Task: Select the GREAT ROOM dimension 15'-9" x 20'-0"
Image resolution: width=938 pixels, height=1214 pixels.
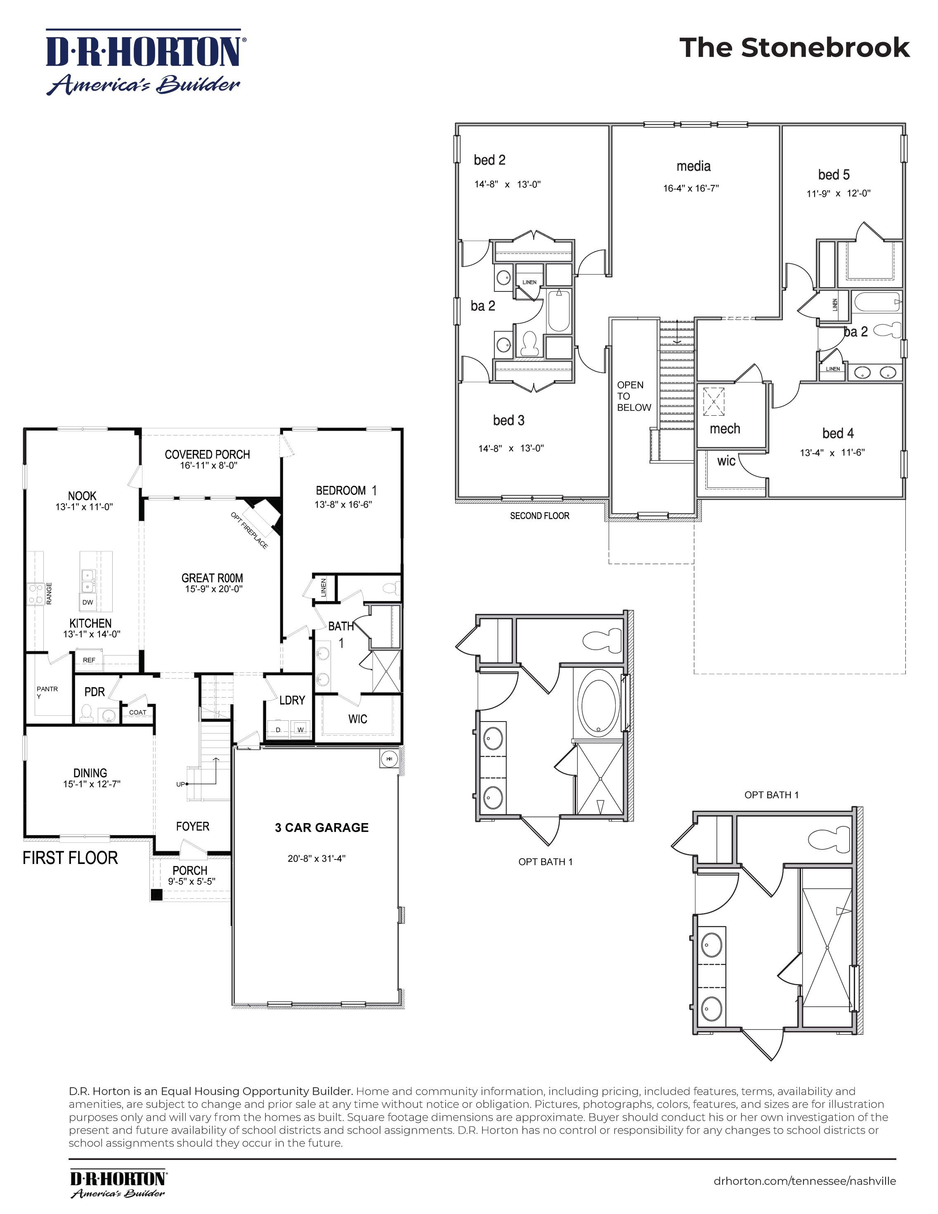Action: (213, 589)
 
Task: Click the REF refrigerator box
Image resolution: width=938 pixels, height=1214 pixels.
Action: (89, 660)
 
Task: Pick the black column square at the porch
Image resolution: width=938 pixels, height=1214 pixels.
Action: (157, 895)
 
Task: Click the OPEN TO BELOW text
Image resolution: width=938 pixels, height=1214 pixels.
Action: (633, 396)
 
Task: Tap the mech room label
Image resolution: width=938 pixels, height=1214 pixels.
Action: (725, 428)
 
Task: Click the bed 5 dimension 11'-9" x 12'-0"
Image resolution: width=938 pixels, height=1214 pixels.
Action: (838, 194)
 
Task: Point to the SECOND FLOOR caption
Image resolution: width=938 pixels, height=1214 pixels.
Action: (539, 516)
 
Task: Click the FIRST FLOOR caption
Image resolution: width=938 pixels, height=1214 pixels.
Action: (70, 858)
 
